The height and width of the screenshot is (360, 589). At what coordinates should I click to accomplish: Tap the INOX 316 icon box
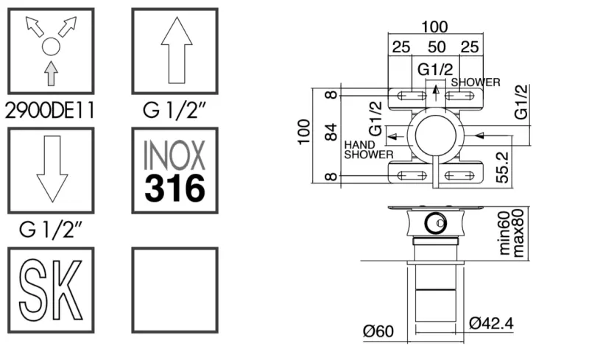(x=174, y=172)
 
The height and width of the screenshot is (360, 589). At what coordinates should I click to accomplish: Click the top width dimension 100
(x=436, y=28)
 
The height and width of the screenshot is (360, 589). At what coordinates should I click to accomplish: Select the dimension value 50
(x=437, y=48)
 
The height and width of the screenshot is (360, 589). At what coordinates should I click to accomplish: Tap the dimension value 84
(x=331, y=133)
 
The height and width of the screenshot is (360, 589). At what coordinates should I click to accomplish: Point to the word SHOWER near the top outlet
(x=476, y=82)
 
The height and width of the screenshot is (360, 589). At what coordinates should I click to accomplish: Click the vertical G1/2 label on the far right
(x=522, y=102)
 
